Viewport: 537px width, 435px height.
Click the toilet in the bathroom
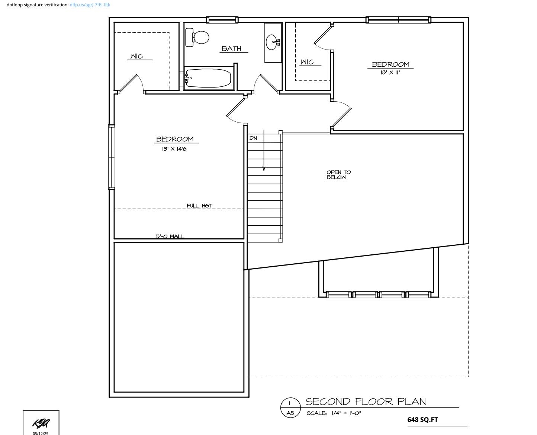coord(198,38)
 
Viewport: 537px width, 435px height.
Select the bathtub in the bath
coord(208,78)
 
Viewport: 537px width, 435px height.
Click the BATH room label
coord(231,48)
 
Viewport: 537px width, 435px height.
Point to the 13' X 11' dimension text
coord(390,73)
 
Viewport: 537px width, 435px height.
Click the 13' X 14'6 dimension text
coord(174,149)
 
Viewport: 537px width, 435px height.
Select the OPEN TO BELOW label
coord(338,175)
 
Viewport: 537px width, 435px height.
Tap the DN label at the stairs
coord(253,138)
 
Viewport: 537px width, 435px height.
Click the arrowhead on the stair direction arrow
coord(264,169)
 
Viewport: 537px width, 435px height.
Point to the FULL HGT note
coord(199,206)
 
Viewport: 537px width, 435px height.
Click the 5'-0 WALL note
coord(170,236)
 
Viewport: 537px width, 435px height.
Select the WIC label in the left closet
coord(136,56)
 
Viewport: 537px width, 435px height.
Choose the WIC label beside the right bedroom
coord(307,62)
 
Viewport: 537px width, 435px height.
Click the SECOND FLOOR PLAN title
coord(366,401)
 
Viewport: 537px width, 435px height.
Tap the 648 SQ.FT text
coord(422,420)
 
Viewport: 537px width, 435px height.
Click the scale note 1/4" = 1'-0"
coord(334,413)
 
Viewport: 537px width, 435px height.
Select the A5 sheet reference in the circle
coord(290,413)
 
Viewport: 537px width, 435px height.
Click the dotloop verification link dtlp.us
coord(90,5)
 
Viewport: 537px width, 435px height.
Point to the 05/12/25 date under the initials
coord(41,433)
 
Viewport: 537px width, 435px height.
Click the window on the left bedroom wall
coord(112,157)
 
